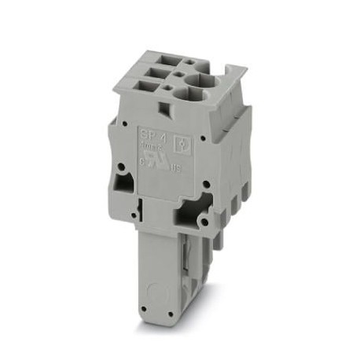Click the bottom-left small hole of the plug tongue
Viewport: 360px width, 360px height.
pos(145,302)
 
